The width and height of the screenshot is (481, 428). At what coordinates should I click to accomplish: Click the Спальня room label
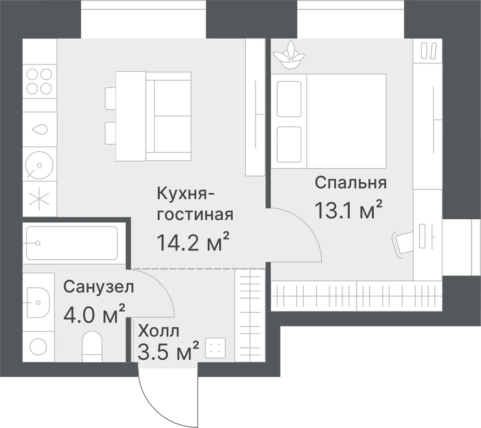coord(350,183)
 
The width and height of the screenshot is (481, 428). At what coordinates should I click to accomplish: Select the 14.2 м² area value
coord(193,241)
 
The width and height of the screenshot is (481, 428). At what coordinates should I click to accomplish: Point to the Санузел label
coord(99,287)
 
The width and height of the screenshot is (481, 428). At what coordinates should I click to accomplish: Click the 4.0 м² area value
coord(94,314)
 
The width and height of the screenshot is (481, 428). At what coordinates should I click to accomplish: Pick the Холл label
coord(158,331)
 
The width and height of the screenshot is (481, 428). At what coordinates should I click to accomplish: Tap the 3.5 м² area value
coord(168,351)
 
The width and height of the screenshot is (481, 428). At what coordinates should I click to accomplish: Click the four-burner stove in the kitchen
coord(39,82)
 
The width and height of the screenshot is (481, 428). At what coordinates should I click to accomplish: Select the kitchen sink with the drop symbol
coord(40,129)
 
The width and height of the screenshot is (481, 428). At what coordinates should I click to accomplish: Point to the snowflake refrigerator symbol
coord(39,198)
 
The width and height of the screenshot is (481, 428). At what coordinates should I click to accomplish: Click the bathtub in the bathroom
coord(72,243)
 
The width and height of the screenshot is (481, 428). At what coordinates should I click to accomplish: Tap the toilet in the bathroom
coord(92,346)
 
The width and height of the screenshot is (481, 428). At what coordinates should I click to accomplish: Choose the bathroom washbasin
coord(38,302)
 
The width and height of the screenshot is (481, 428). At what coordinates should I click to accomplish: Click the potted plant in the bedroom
coord(289,55)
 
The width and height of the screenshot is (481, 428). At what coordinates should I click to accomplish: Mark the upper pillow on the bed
coord(289,99)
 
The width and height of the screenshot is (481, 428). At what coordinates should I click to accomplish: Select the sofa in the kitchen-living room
coord(168,116)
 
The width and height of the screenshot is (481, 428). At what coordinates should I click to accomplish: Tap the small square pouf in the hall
coord(215,348)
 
